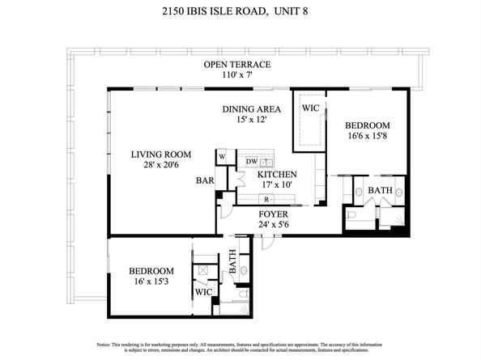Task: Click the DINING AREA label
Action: click(252, 108)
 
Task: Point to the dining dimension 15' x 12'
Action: click(252, 119)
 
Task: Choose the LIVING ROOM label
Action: click(162, 154)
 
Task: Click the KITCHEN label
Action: click(277, 174)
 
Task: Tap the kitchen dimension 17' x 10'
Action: click(277, 185)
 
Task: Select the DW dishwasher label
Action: click(251, 162)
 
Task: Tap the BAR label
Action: click(203, 181)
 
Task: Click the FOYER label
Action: click(274, 215)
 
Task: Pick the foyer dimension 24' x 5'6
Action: click(274, 226)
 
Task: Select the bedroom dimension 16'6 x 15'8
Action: click(368, 137)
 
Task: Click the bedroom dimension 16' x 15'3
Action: click(152, 282)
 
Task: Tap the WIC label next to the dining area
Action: click(310, 108)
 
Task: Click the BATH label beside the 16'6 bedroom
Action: click(380, 191)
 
